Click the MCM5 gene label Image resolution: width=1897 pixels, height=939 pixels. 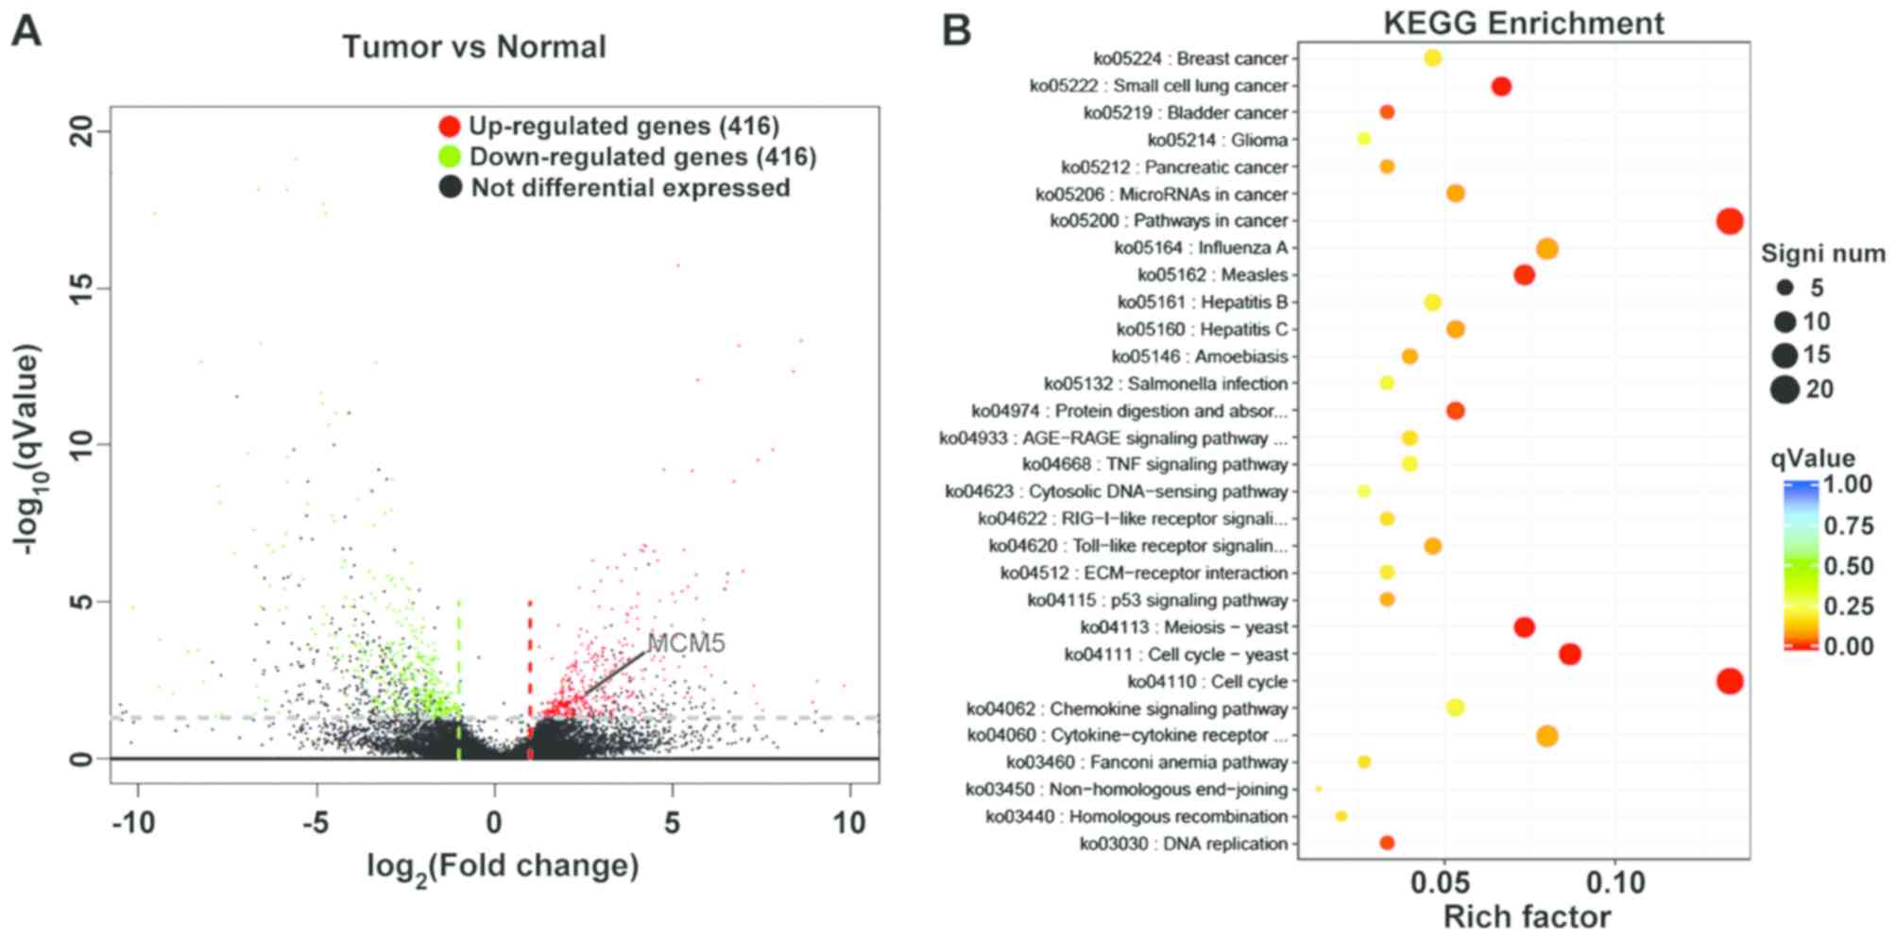tap(686, 643)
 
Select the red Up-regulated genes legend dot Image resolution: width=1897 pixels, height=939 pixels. tap(451, 126)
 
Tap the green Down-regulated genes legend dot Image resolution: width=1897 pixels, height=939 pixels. tap(451, 156)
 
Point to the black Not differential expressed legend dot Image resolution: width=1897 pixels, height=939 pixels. tap(451, 187)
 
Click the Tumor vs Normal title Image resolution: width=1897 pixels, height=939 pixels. tap(474, 47)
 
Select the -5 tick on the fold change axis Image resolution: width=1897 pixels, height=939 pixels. tap(316, 823)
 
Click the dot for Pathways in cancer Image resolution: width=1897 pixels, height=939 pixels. tap(1729, 221)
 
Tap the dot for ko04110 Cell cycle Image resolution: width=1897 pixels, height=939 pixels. tap(1729, 681)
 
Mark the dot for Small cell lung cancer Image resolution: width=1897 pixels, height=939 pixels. tap(1500, 87)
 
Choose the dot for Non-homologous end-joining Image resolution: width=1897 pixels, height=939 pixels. tap(1318, 789)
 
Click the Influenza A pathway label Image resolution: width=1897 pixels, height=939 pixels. tap(1201, 248)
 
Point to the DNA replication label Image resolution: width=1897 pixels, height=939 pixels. tap(1184, 844)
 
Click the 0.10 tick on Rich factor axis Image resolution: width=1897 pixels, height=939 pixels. tap(1615, 884)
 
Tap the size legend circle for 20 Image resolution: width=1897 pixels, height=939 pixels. tap(1785, 389)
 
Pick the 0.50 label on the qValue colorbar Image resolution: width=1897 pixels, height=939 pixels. tap(1849, 566)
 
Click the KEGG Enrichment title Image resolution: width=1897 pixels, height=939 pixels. tap(1523, 23)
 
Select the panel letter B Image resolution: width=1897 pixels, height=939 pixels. tap(956, 30)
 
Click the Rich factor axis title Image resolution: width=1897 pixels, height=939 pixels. tap(1527, 917)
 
